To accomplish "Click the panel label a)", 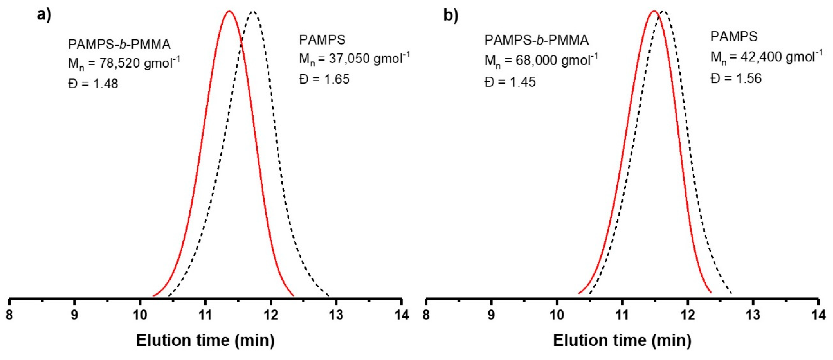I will pyautogui.click(x=44, y=16).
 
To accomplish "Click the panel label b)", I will pyautogui.click(x=451, y=16).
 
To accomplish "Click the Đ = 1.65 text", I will pyautogui.click(x=324, y=79).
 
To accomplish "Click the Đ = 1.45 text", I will pyautogui.click(x=510, y=82).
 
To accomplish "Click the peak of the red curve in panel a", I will pyautogui.click(x=229, y=11).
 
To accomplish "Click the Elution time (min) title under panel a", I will pyautogui.click(x=205, y=340).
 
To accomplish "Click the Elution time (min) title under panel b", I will pyautogui.click(x=622, y=340).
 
